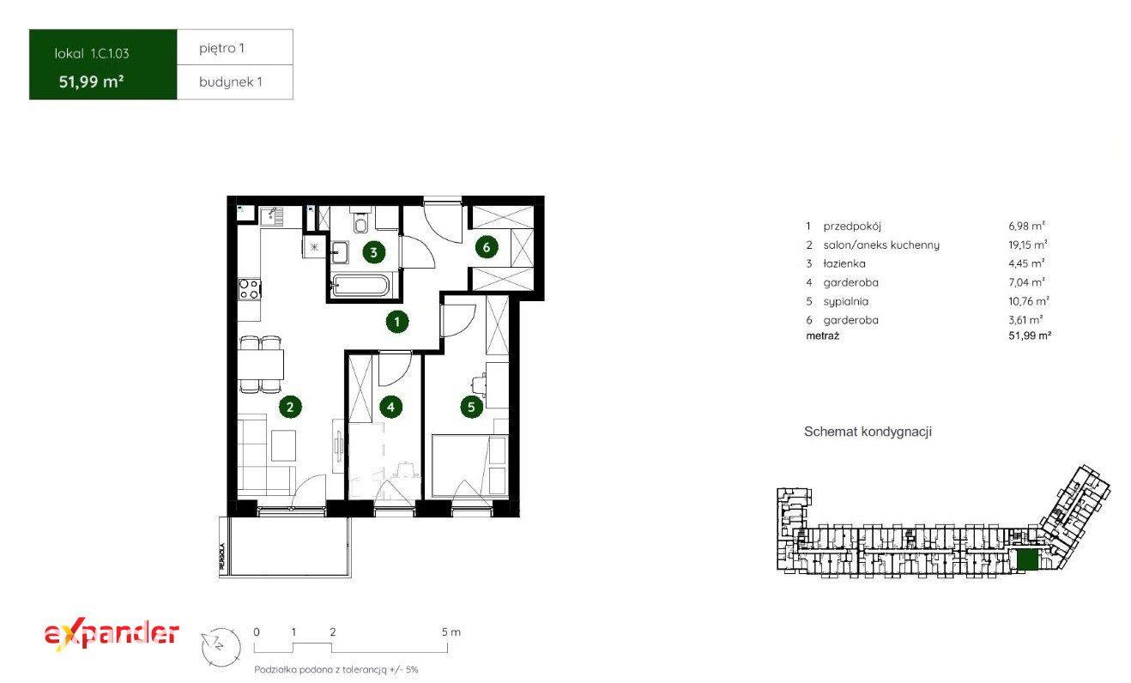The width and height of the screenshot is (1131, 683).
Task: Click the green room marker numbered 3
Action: pyautogui.click(x=373, y=252)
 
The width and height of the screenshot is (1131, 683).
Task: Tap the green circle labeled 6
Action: pyautogui.click(x=487, y=247)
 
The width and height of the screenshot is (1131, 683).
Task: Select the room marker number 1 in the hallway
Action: pyautogui.click(x=396, y=322)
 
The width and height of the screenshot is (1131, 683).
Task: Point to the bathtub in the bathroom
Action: pyautogui.click(x=360, y=286)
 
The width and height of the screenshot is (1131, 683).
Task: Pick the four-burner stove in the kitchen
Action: pyautogui.click(x=250, y=289)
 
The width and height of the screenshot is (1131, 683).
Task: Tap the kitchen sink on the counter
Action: pyautogui.click(x=272, y=216)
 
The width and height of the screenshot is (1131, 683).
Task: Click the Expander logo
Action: pyautogui.click(x=112, y=634)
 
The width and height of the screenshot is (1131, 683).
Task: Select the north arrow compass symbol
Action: pyautogui.click(x=221, y=647)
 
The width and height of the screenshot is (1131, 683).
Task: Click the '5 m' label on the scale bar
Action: pyautogui.click(x=451, y=632)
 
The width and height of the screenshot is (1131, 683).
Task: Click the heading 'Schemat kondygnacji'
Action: pyautogui.click(x=868, y=432)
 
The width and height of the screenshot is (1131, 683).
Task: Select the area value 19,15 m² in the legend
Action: pyautogui.click(x=1027, y=245)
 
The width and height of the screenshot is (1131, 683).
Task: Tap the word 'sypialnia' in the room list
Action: pyautogui.click(x=846, y=301)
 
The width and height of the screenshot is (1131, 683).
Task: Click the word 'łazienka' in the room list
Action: pyautogui.click(x=844, y=263)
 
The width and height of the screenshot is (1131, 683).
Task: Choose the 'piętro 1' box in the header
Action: pyautogui.click(x=235, y=47)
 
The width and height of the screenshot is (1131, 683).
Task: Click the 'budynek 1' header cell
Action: pyautogui.click(x=235, y=82)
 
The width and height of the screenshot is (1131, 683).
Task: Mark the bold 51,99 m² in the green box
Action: pyautogui.click(x=91, y=82)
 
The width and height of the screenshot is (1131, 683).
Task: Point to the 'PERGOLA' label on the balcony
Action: pyautogui.click(x=221, y=556)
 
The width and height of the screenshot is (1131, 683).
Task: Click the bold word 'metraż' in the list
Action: pyautogui.click(x=822, y=335)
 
